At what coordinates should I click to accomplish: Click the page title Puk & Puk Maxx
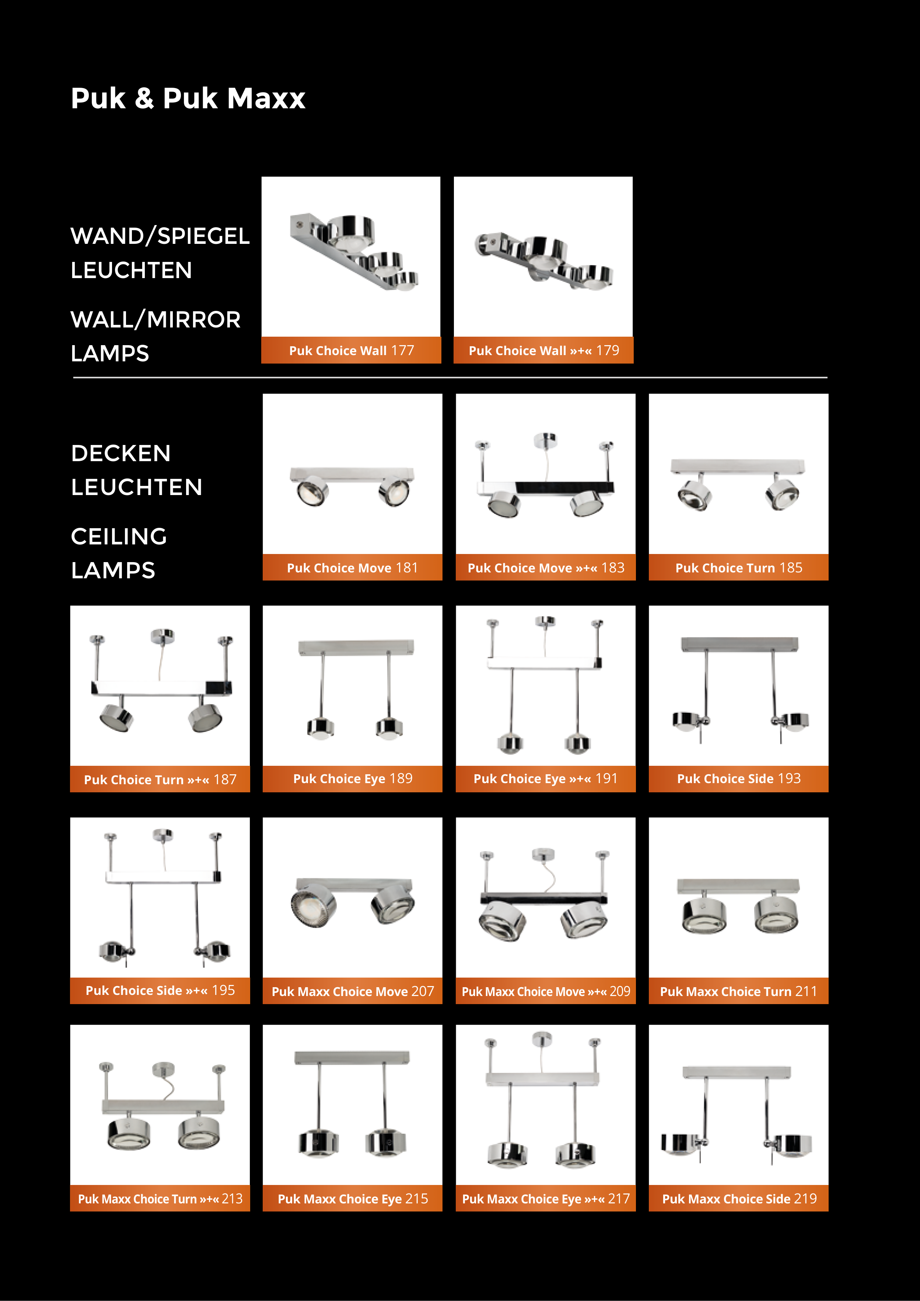pyautogui.click(x=188, y=99)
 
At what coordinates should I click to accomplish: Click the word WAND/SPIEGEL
pyautogui.click(x=160, y=236)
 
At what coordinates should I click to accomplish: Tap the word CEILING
pyautogui.click(x=119, y=536)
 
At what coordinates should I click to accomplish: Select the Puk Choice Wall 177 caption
pyautogui.click(x=351, y=350)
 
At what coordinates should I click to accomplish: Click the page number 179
pyautogui.click(x=608, y=350)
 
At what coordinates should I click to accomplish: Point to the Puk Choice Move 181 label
pyautogui.click(x=352, y=568)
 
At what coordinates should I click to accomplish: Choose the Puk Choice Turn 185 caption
pyautogui.click(x=739, y=568)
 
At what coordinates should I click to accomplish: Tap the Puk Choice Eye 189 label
pyautogui.click(x=353, y=779)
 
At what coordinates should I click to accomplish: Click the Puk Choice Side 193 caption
pyautogui.click(x=739, y=779)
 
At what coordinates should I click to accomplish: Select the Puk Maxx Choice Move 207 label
pyautogui.click(x=353, y=991)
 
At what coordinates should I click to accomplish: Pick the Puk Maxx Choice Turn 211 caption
pyautogui.click(x=739, y=991)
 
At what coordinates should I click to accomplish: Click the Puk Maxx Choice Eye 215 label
pyautogui.click(x=353, y=1199)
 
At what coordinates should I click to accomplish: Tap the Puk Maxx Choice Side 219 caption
pyautogui.click(x=739, y=1199)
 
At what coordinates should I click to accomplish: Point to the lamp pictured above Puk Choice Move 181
pyautogui.click(x=352, y=486)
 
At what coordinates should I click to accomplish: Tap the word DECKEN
pyautogui.click(x=121, y=453)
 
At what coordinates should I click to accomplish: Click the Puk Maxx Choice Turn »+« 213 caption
pyautogui.click(x=160, y=1199)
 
